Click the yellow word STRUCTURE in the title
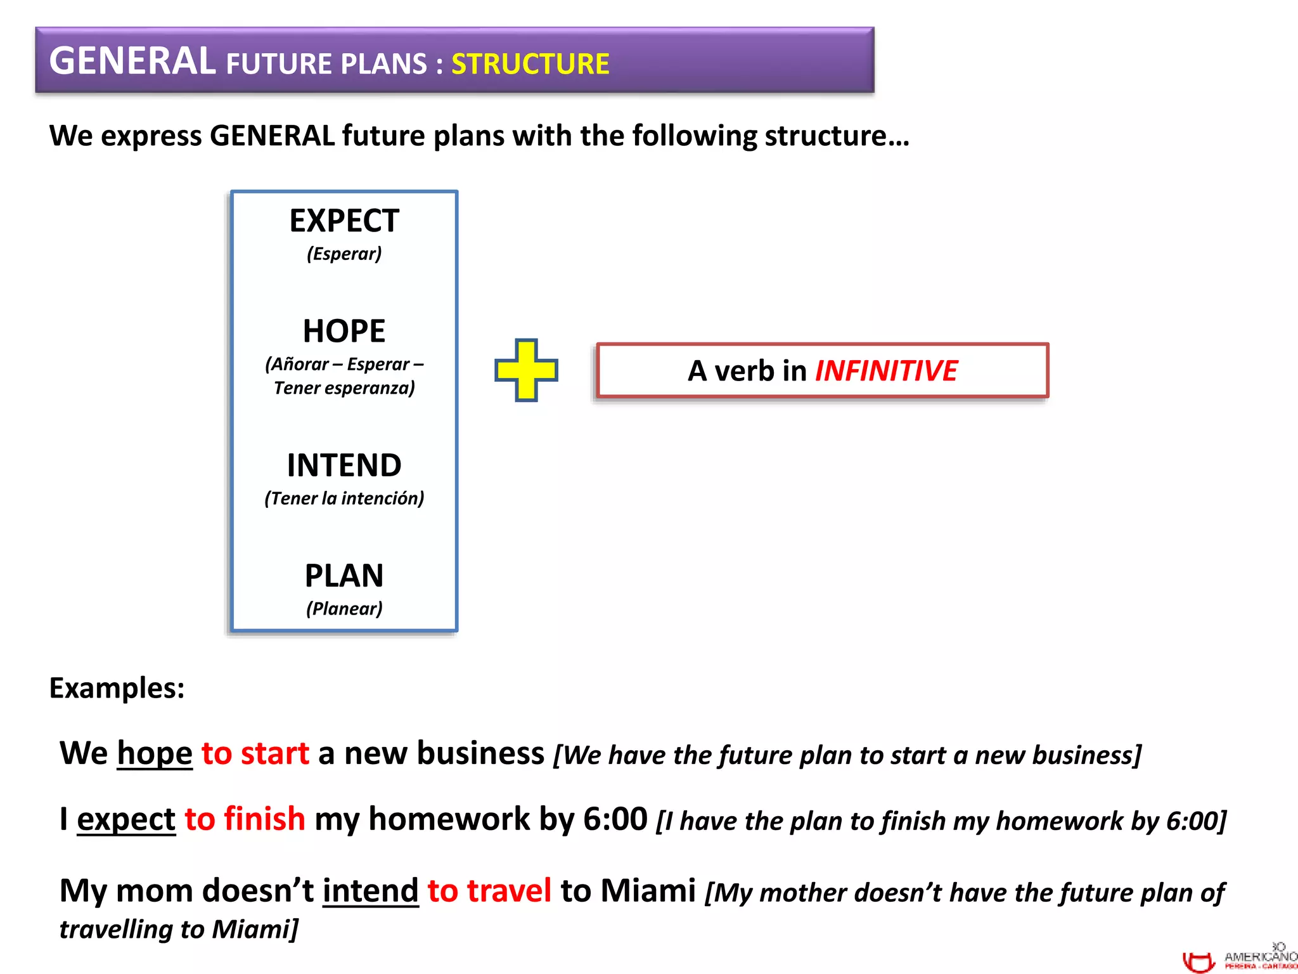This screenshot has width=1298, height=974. (x=530, y=64)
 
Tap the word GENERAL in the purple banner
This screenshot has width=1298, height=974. (x=132, y=62)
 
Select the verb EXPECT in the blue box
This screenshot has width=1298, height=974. (x=344, y=221)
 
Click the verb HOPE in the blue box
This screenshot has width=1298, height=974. (x=344, y=331)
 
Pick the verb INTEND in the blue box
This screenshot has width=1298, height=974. (x=344, y=465)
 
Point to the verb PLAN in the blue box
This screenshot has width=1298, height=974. (x=344, y=576)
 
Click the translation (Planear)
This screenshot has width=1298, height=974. (x=344, y=609)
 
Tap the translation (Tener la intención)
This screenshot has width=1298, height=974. (x=344, y=498)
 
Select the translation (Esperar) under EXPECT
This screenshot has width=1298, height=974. (x=344, y=254)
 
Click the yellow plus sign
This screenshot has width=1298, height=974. (x=526, y=370)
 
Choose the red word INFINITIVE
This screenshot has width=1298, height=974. (x=885, y=371)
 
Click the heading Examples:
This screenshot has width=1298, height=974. (x=117, y=688)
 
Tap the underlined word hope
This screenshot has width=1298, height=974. (x=155, y=754)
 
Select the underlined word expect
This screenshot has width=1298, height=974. (x=126, y=819)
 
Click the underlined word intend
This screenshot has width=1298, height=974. (x=371, y=891)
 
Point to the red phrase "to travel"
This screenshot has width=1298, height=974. (x=489, y=891)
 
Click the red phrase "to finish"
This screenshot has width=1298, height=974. (x=245, y=819)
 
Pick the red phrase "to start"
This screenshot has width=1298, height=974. (x=255, y=754)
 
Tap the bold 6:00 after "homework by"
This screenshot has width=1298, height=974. (x=615, y=819)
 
